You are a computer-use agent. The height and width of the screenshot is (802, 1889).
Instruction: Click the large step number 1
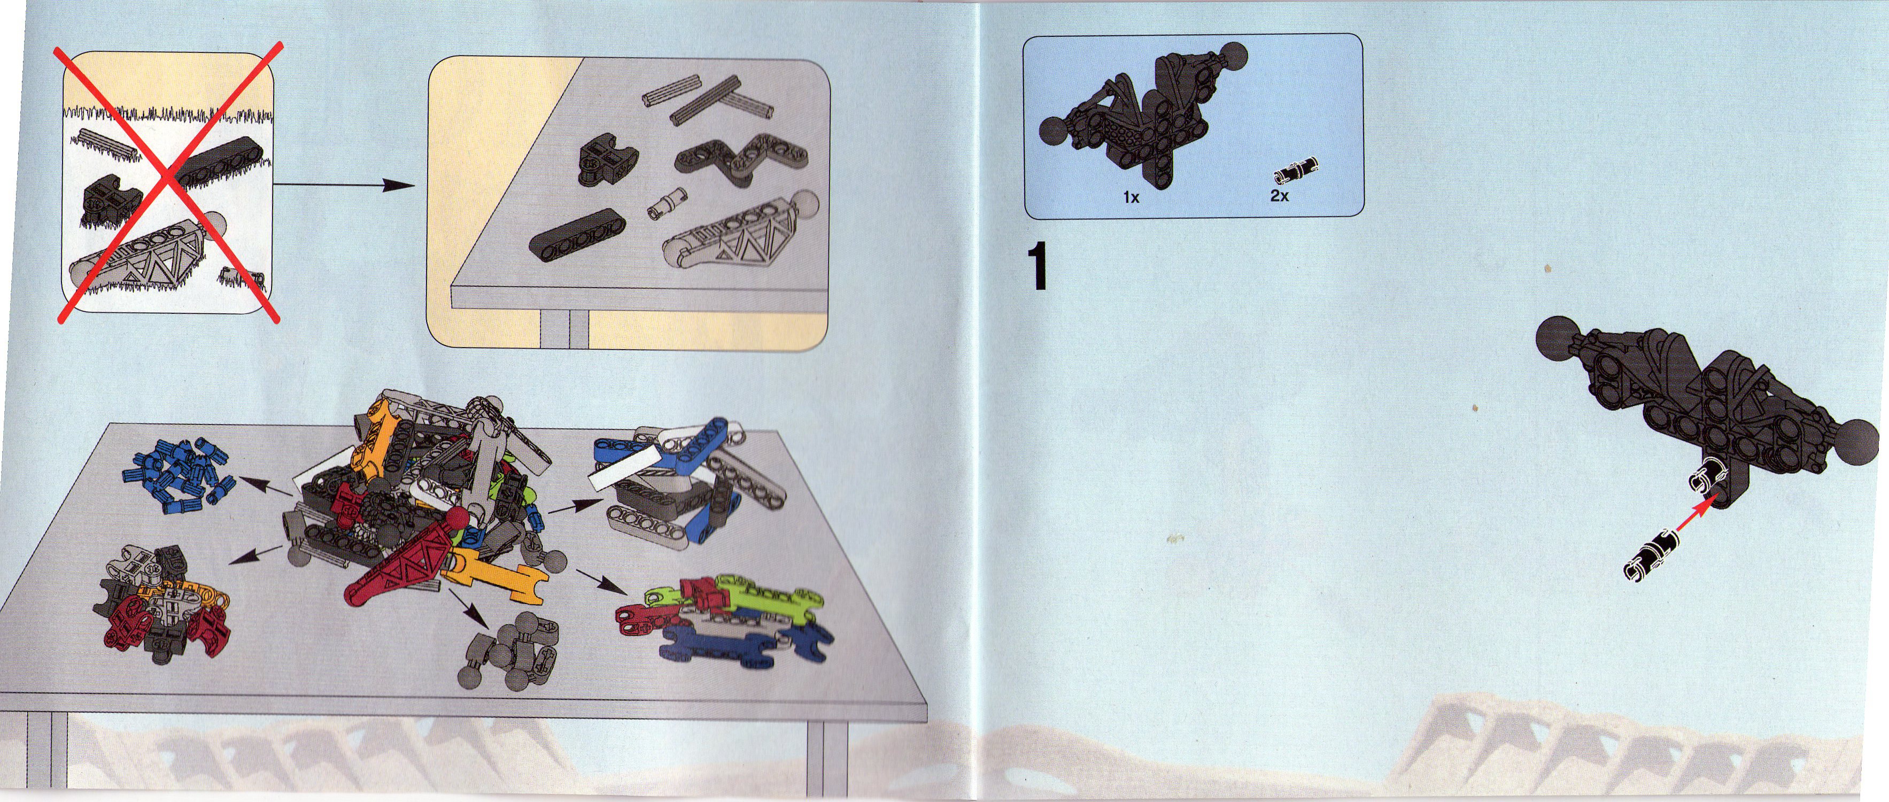click(1037, 268)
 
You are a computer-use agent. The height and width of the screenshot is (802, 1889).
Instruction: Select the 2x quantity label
click(1280, 196)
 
